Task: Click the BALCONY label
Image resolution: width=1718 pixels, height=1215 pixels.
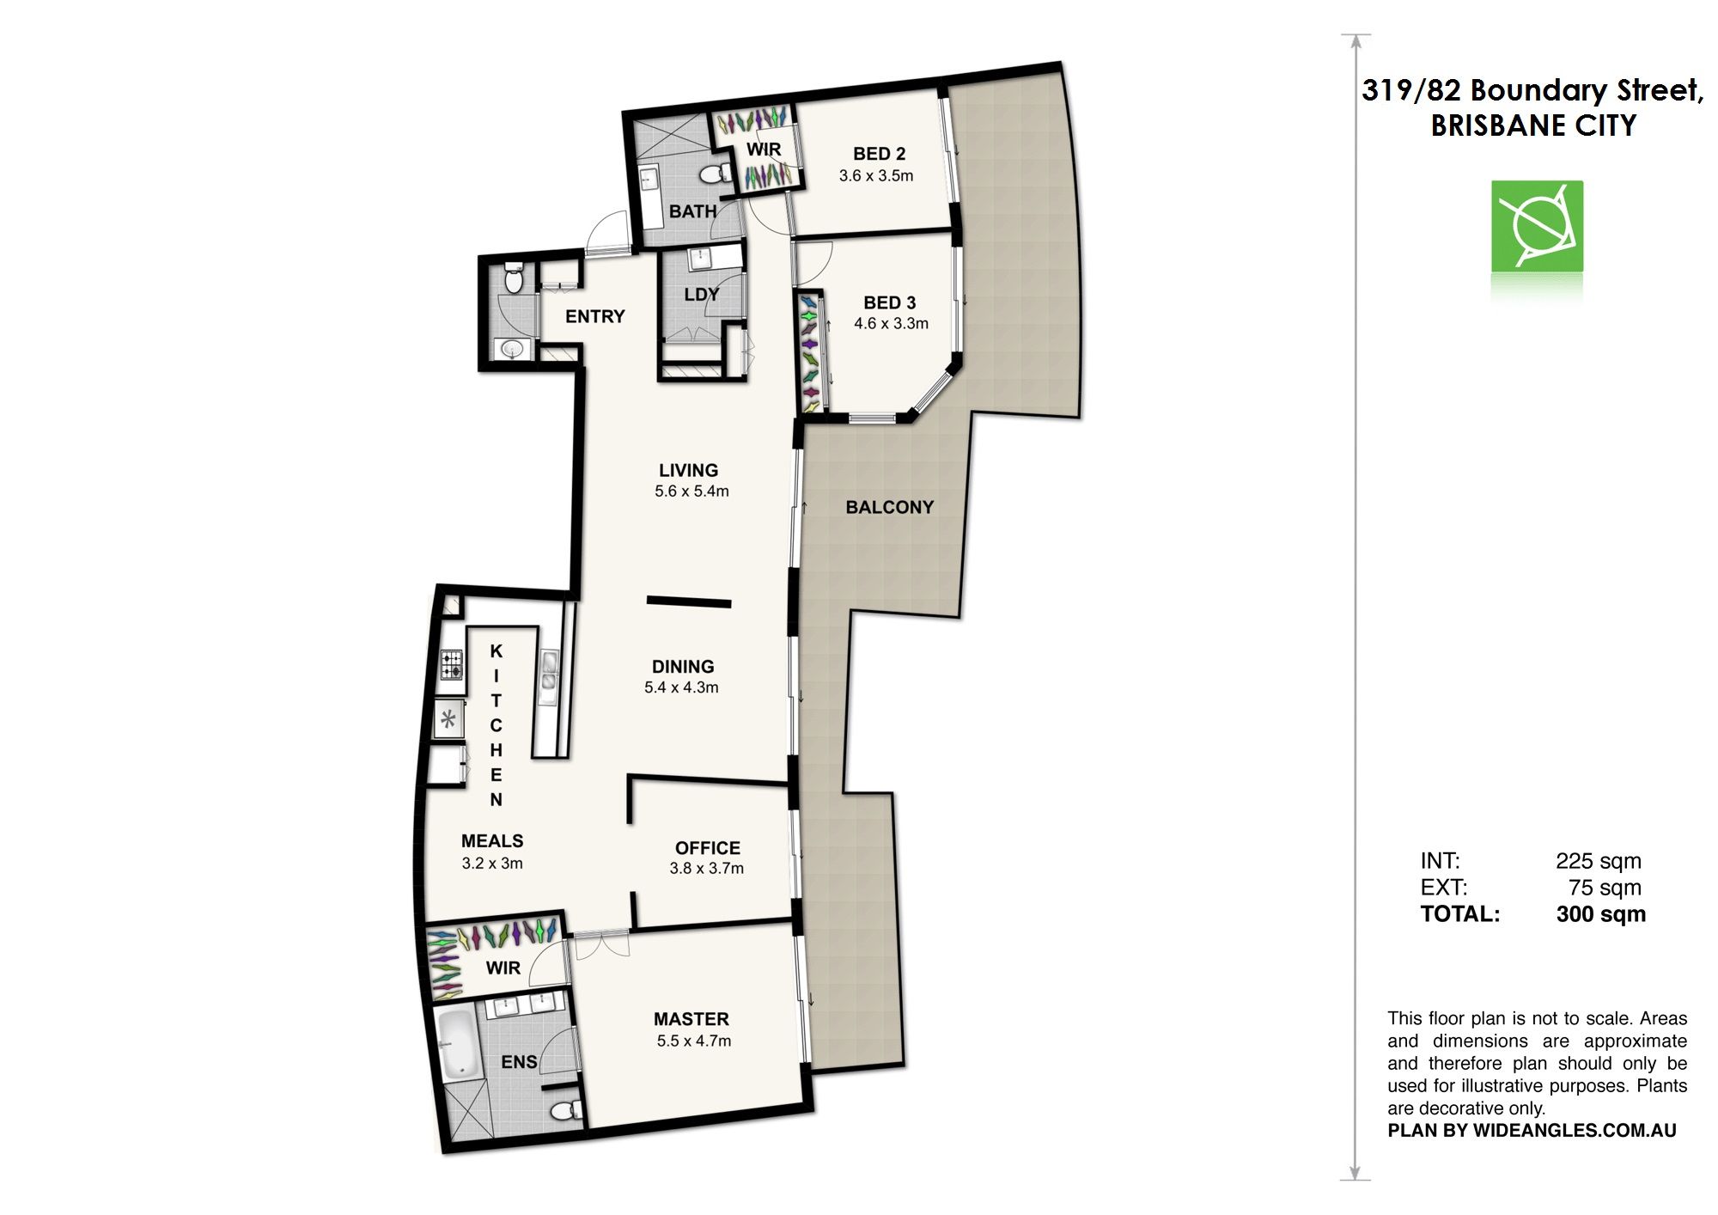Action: pos(889,507)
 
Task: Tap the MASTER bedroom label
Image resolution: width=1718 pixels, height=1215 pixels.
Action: pos(691,1019)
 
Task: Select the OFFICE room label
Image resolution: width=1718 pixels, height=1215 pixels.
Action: pos(707,848)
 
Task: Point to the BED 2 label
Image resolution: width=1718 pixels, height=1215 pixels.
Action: pos(879,154)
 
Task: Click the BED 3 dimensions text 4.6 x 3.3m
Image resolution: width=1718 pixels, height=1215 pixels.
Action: pos(891,324)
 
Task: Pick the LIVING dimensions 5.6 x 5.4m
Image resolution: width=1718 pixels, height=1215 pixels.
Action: pos(691,491)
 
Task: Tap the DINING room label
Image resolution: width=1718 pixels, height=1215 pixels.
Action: pos(683,667)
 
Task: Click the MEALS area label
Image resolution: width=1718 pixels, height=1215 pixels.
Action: pos(492,841)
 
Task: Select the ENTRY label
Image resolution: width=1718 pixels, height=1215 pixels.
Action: pos(594,316)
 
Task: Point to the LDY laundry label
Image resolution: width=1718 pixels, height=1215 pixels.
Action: pos(702,295)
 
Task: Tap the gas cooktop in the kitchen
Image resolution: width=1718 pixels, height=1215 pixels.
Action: pos(452,664)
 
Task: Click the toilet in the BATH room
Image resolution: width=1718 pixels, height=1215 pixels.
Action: pos(712,175)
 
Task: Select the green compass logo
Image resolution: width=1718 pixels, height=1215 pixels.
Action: pos(1537,227)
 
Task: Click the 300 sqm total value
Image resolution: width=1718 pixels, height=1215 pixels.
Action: pos(1600,914)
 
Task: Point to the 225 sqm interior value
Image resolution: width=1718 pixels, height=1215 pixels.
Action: pos(1598,861)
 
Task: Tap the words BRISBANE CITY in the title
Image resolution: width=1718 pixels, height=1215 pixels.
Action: pos(1533,125)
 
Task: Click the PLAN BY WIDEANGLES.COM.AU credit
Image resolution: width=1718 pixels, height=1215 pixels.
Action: pos(1532,1131)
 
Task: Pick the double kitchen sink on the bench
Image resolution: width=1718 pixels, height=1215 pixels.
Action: pos(548,672)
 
